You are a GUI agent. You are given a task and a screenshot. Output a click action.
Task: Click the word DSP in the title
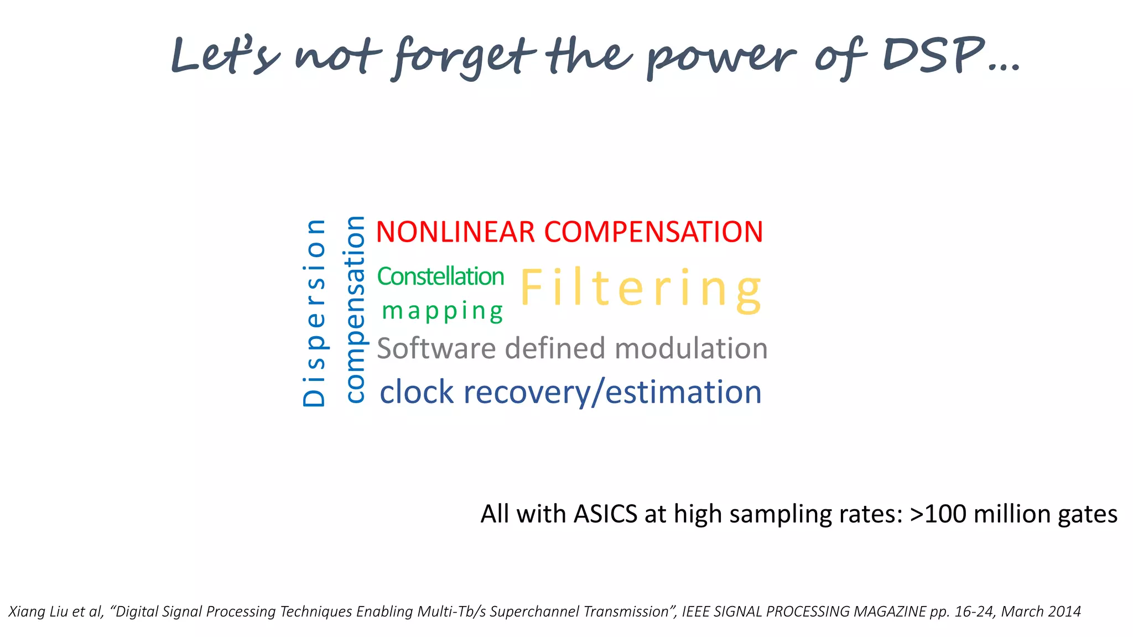coord(935,55)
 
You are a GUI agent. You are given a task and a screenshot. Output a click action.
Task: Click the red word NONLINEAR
coord(455,232)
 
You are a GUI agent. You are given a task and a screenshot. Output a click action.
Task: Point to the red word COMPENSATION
coord(653,232)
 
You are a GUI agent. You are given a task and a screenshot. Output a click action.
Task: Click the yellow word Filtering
coord(642,289)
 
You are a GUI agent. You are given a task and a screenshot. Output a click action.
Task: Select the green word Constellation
coord(440,276)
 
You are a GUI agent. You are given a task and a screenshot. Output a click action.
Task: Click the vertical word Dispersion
coord(314,313)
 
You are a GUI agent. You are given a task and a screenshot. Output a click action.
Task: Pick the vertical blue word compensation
coord(355,310)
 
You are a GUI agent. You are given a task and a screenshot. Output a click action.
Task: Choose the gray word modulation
coord(691,348)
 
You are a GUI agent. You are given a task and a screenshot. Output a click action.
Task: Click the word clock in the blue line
coord(417,393)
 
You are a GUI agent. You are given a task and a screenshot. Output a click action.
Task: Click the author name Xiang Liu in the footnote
coord(38,612)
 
